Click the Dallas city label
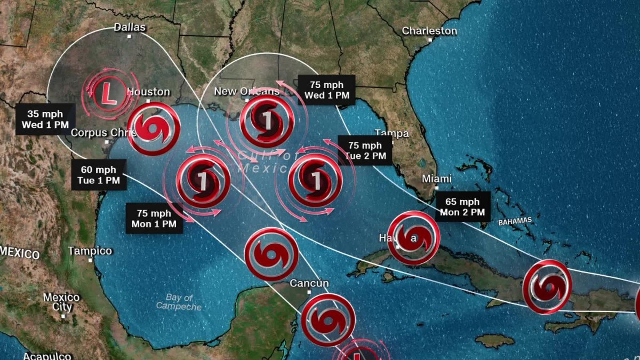130,27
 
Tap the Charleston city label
429,31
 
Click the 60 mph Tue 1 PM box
99,175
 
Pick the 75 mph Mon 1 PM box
154,219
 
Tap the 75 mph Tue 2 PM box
365,150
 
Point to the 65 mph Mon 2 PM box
462,206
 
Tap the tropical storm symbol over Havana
413,238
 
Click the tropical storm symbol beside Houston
154,129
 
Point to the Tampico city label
90,251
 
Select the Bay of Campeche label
179,302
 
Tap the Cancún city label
309,283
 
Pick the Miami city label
436,179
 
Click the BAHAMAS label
515,221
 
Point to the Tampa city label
391,133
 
